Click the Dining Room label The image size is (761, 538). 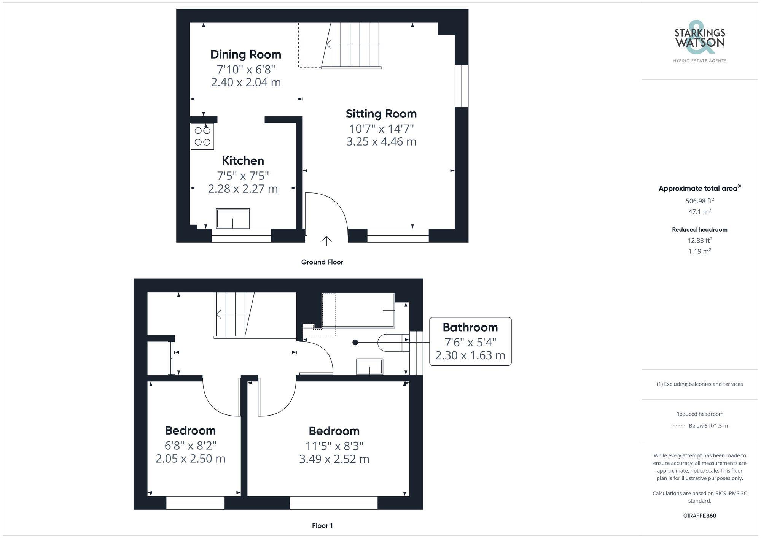tap(246, 54)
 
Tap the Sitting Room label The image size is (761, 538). tap(381, 114)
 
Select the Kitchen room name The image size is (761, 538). tap(243, 160)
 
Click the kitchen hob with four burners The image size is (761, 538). tap(202, 136)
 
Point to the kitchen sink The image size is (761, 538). tap(232, 219)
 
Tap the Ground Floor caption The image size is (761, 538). tap(322, 262)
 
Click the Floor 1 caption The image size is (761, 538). tap(322, 525)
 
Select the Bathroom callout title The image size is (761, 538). tap(470, 327)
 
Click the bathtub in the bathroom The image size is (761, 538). tap(358, 310)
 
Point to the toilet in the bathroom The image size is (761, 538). tap(392, 343)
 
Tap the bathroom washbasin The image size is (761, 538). tap(369, 367)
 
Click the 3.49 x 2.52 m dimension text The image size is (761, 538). tap(334, 459)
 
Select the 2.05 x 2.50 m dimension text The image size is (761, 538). tap(190, 459)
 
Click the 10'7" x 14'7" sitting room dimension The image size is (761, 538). tap(381, 129)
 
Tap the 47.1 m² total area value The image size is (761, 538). tap(699, 212)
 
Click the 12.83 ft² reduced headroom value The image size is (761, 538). tap(699, 240)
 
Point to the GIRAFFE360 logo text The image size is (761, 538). tap(699, 516)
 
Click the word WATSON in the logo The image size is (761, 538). tap(700, 43)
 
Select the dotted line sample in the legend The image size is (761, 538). tap(678, 426)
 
